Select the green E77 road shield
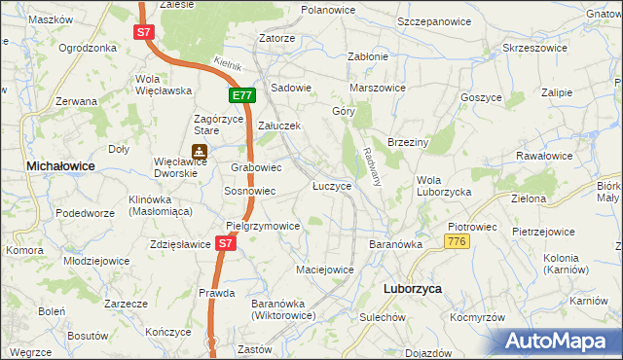click(242, 95)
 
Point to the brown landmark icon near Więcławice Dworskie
click(200, 152)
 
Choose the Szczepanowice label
click(438, 20)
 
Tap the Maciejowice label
click(324, 269)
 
